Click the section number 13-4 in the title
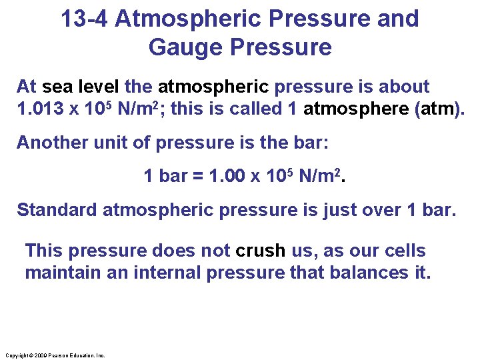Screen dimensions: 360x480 pos(85,19)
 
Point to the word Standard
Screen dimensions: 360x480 pos(57,210)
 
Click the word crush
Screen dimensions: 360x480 pos(259,251)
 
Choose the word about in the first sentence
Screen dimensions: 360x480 pos(405,87)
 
